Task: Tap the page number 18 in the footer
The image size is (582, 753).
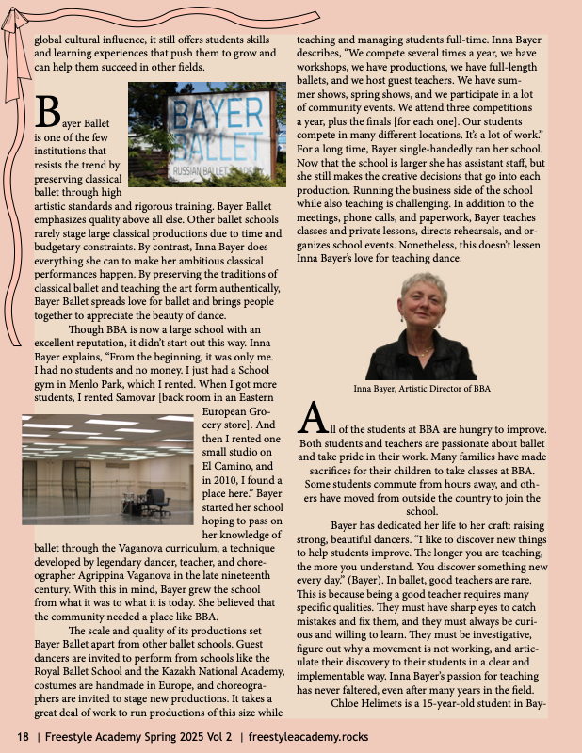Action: (21, 735)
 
